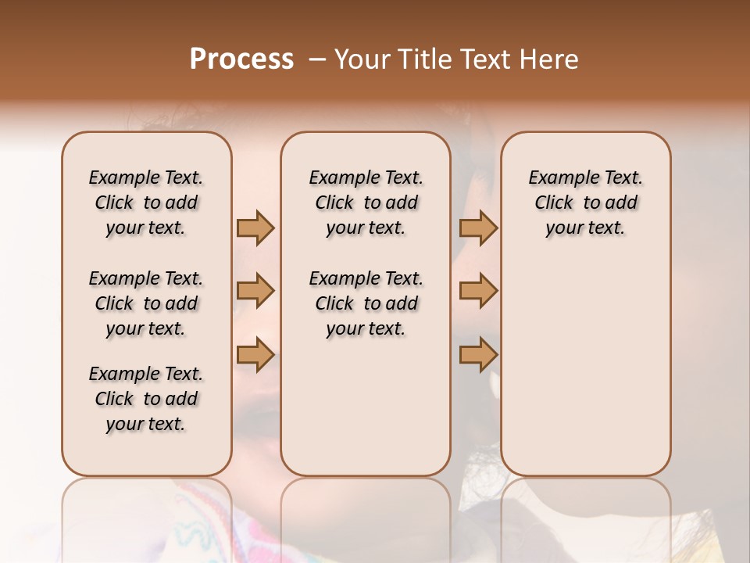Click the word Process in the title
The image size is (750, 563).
pos(241,59)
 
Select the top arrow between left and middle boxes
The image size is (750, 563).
pos(255,228)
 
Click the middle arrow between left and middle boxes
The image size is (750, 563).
pos(255,291)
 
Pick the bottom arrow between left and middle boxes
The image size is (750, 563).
pos(255,354)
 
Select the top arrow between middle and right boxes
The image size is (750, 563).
pos(478,228)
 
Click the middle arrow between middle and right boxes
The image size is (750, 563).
pos(478,291)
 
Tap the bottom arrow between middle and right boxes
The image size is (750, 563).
pos(478,354)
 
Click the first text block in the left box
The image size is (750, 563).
pos(146,203)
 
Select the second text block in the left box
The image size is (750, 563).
pos(146,303)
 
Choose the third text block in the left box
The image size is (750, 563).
pos(146,399)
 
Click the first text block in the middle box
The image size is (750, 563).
pos(366,203)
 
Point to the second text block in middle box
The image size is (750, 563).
pos(366,303)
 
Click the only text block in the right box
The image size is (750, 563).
pos(585,203)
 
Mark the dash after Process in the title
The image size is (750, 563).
pos(316,59)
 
